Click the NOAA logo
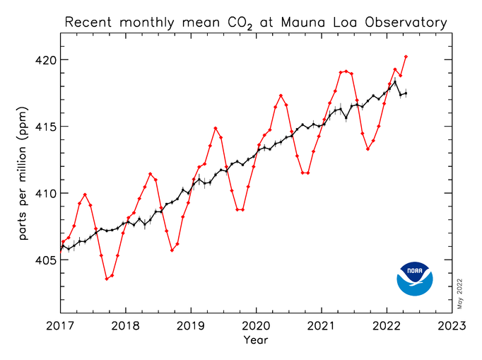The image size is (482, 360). [414, 279]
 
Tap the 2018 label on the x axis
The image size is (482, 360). [126, 326]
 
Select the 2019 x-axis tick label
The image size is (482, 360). [191, 326]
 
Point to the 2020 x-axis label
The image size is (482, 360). [256, 326]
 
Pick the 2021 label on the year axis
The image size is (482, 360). [322, 326]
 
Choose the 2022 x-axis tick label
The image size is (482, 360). [387, 326]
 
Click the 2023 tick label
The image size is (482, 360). [452, 326]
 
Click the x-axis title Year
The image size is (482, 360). [256, 340]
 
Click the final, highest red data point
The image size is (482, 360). [406, 56]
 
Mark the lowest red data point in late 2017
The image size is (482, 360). [107, 279]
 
